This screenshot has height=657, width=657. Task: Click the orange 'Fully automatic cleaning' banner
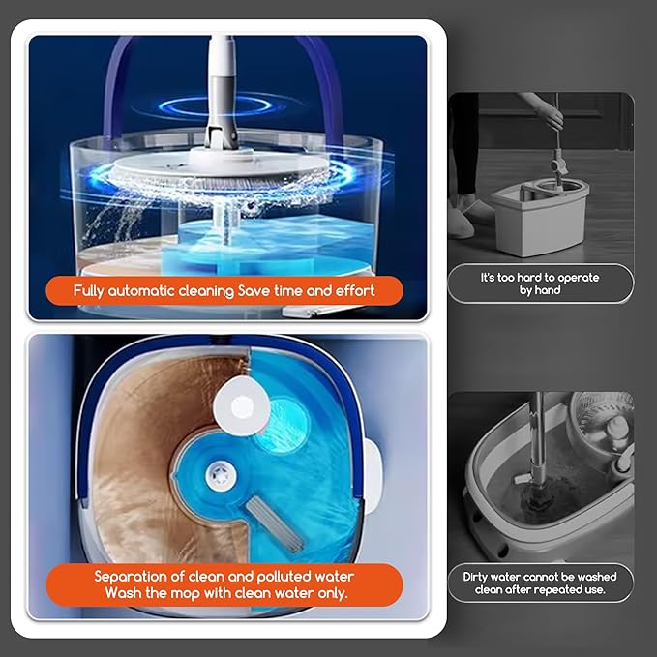224,289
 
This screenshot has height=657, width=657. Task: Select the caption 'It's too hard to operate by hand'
540,284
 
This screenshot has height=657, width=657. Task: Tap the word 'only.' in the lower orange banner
327,592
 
